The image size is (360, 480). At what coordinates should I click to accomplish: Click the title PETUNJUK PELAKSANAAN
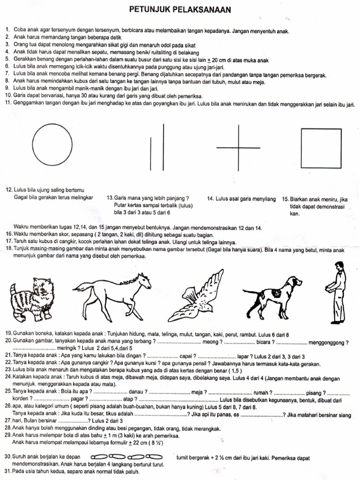180,10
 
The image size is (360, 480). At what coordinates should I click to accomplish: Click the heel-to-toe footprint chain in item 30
127,457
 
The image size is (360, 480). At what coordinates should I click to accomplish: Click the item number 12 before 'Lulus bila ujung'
8,190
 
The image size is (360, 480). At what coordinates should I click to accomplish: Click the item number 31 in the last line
8,471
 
